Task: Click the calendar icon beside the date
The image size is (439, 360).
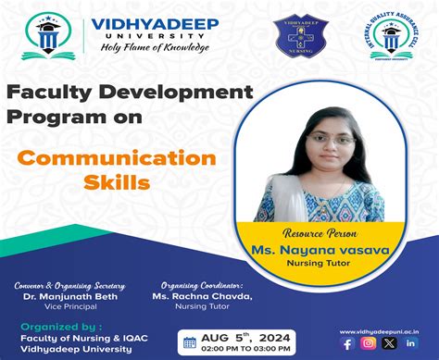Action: coord(190,342)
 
